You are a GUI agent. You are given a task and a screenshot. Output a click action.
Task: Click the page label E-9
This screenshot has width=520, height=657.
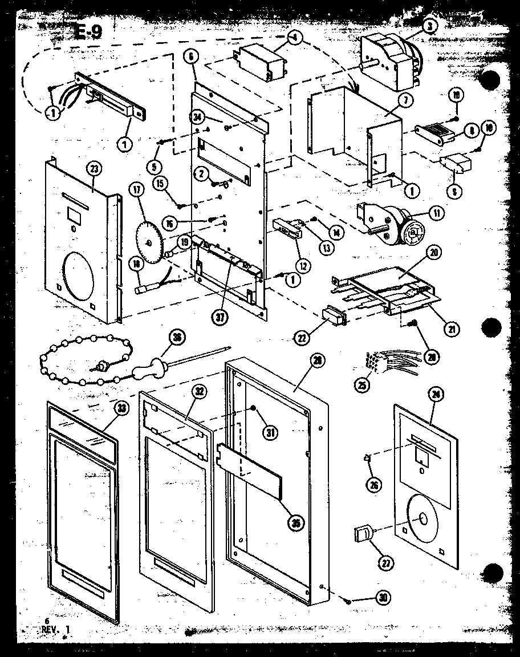tap(88, 32)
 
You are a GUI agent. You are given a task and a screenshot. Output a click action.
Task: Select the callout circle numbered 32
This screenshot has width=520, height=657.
tap(200, 392)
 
